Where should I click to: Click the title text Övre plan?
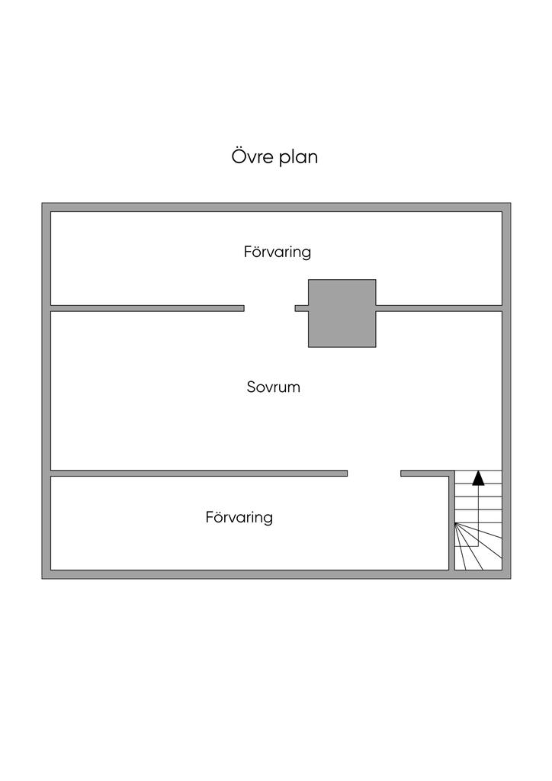274,157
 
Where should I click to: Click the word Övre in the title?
251,157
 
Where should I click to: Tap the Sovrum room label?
273,387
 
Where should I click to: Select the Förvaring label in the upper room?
278,252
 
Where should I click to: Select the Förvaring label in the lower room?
239,518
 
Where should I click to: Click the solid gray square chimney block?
342,313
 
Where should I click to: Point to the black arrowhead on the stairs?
478,478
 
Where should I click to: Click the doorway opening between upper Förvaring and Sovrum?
269,308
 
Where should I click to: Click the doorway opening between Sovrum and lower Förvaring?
374,474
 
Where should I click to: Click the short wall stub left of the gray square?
302,308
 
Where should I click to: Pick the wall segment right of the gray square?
438,308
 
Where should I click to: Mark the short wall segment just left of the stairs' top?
424,474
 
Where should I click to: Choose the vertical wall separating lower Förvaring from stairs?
451,522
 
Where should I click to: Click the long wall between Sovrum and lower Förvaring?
198,474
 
